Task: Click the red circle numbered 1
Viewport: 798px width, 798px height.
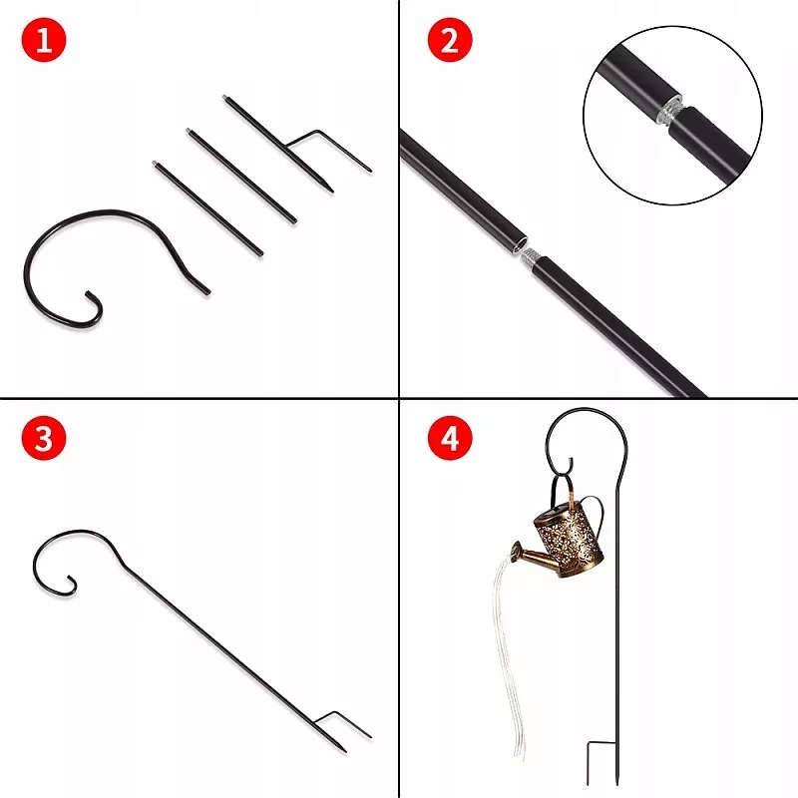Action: click(44, 40)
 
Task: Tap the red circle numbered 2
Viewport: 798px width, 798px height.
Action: click(450, 40)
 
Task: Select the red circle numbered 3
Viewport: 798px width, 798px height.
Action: click(44, 438)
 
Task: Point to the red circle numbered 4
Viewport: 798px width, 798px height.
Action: click(450, 438)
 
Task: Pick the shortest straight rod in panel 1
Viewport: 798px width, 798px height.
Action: click(207, 208)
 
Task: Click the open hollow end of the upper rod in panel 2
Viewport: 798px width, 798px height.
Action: click(519, 243)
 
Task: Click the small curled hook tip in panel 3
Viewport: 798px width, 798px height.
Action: click(71, 585)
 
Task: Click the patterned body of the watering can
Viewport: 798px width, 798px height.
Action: click(569, 542)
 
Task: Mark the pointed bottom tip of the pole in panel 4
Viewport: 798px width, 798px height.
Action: click(617, 785)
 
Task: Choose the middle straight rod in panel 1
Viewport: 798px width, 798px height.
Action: click(241, 176)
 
